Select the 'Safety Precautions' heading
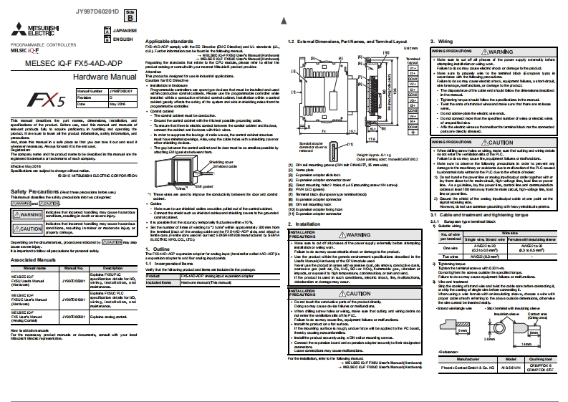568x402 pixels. point(34,213)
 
